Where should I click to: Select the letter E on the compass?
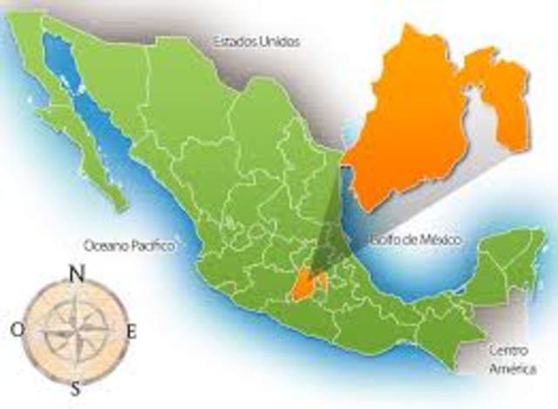133,331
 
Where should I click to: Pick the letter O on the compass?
17,330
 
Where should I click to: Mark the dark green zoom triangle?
332,235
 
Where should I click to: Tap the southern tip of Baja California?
122,206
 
